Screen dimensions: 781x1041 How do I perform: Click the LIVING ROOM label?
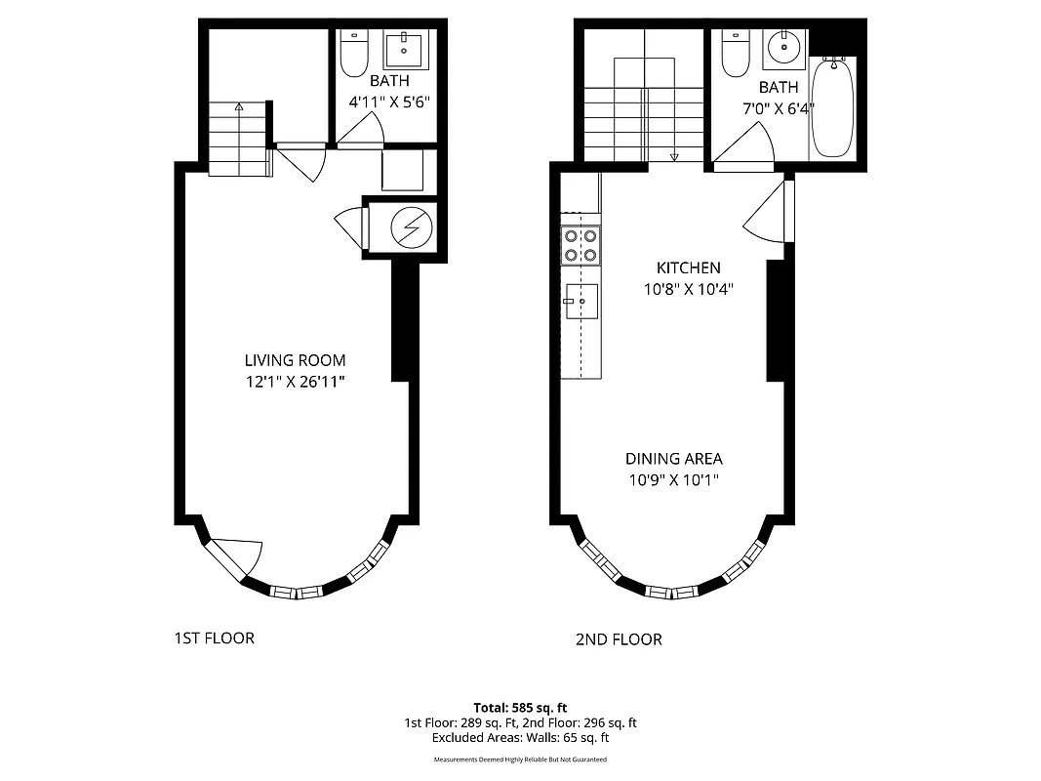295,360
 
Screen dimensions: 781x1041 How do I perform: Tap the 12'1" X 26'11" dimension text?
295,381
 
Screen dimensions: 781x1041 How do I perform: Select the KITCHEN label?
688,267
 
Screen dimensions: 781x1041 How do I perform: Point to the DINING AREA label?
673,459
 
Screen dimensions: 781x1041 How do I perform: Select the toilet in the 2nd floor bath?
734,53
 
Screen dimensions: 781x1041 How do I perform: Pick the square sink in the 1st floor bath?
402,47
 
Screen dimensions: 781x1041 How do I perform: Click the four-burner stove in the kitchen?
581,245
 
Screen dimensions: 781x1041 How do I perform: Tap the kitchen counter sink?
581,303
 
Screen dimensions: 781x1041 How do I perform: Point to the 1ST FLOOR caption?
214,638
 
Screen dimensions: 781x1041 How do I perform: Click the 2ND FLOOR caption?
619,640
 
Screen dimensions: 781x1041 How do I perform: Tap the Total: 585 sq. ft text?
520,707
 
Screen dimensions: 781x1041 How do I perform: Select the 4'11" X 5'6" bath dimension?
389,101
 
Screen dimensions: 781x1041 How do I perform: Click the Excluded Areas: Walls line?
520,738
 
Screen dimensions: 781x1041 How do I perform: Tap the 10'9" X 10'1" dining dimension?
673,480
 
